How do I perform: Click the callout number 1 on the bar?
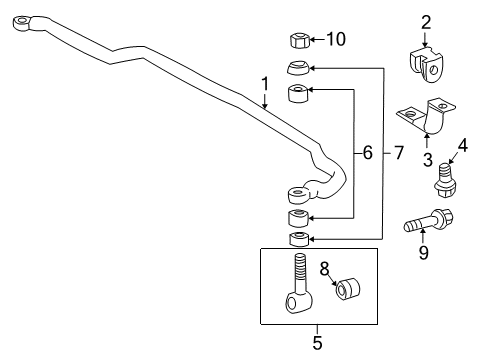[x=266, y=84]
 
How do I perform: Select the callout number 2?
[x=425, y=22]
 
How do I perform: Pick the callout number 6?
[x=367, y=152]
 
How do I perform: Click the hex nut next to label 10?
[x=296, y=41]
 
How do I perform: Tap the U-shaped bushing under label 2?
[x=426, y=63]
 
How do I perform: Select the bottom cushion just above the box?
[x=297, y=240]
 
